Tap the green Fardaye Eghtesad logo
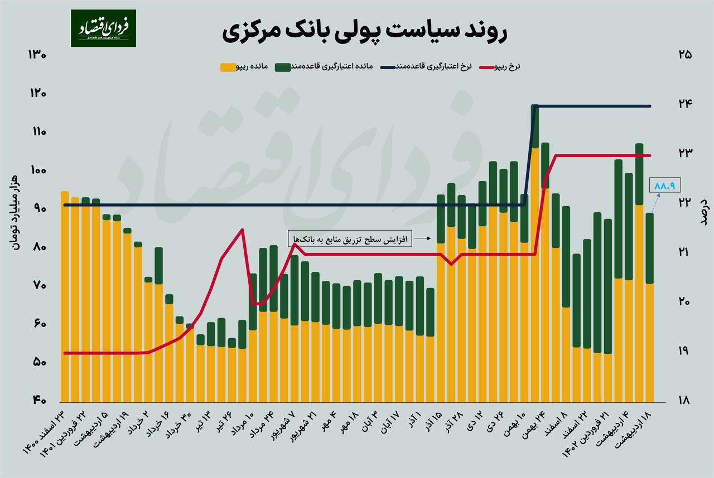pos(103,28)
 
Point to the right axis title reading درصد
pos(703,211)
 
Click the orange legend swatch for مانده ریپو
pos(228,67)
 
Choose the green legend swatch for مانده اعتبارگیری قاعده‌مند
pos(283,67)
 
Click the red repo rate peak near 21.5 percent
pos(242,230)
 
